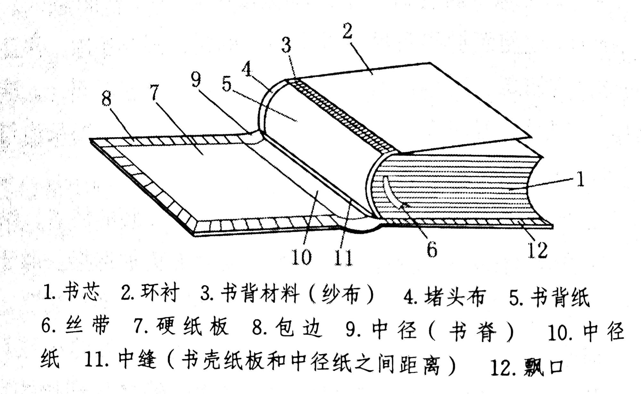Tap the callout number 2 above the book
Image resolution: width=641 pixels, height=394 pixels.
(x=347, y=31)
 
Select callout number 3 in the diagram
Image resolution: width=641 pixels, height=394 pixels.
(x=286, y=45)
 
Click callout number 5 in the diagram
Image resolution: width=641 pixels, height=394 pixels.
(x=227, y=84)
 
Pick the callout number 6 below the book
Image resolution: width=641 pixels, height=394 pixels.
(x=432, y=249)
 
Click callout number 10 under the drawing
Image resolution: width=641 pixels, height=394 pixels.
(x=301, y=257)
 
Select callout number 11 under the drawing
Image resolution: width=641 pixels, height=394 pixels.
(x=343, y=257)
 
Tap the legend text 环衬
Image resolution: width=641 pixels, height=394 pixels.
(x=160, y=292)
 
